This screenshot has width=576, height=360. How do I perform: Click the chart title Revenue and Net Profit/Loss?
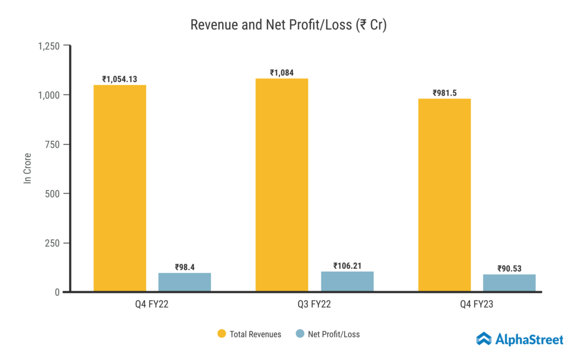click(x=288, y=25)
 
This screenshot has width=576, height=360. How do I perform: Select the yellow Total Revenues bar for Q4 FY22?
click(x=120, y=188)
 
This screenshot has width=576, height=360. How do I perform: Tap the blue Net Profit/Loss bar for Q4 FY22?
click(x=184, y=282)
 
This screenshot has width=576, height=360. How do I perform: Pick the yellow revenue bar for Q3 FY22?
click(x=282, y=185)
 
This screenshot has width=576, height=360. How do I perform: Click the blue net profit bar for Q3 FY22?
click(x=347, y=281)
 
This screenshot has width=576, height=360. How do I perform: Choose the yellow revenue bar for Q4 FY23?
click(x=444, y=195)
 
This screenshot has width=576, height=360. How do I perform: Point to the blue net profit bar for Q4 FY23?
click(x=509, y=283)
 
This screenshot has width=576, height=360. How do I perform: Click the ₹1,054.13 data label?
click(x=120, y=79)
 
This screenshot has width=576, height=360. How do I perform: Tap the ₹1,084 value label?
click(x=282, y=73)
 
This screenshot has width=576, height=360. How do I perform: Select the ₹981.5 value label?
click(x=444, y=93)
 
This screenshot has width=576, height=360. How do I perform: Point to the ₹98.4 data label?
click(x=184, y=267)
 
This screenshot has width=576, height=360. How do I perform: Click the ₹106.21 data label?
click(x=347, y=265)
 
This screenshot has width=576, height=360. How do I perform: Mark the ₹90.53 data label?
click(x=509, y=268)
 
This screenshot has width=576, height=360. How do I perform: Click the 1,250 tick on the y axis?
click(x=49, y=46)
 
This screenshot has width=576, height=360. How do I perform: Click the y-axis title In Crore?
click(x=27, y=168)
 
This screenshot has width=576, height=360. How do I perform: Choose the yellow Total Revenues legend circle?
click(x=222, y=334)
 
